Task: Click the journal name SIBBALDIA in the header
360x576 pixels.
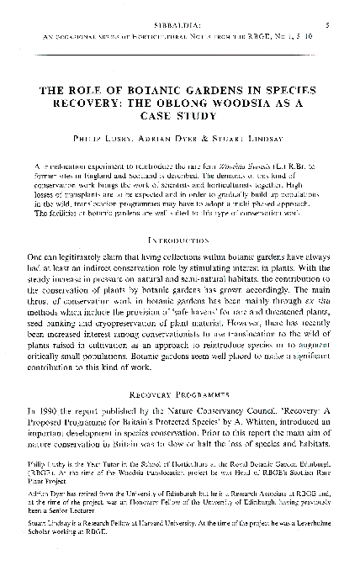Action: pyautogui.click(x=180, y=25)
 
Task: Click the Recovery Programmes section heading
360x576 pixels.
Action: pyautogui.click(x=180, y=393)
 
